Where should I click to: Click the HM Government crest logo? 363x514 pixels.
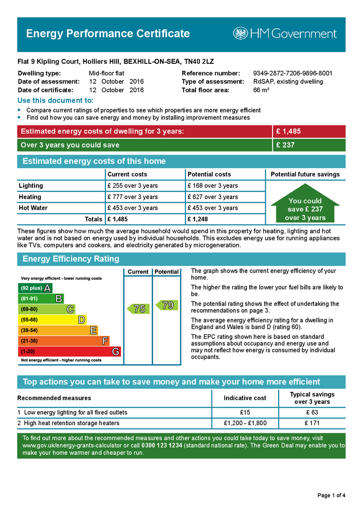click(240, 34)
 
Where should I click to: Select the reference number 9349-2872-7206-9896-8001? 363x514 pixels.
click(293, 73)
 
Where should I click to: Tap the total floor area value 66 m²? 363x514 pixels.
click(261, 90)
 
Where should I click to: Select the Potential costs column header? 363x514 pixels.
click(209, 174)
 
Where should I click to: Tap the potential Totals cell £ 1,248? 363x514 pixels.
click(198, 219)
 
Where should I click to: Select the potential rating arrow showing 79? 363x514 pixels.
click(167, 305)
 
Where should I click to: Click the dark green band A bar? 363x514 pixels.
click(35, 288)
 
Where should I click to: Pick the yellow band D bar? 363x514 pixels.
click(52, 320)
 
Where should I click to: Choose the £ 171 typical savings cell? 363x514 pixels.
click(312, 423)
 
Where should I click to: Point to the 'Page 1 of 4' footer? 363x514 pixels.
click(331, 495)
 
